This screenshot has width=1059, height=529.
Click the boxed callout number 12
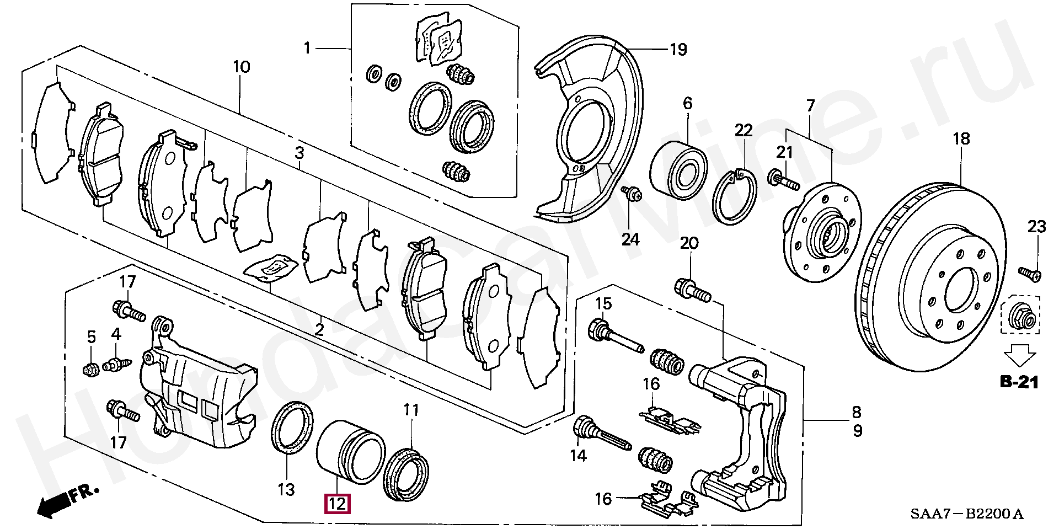click(x=338, y=504)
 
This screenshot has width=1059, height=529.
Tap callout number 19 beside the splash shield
click(x=678, y=50)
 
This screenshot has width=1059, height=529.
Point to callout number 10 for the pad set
click(x=242, y=67)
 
